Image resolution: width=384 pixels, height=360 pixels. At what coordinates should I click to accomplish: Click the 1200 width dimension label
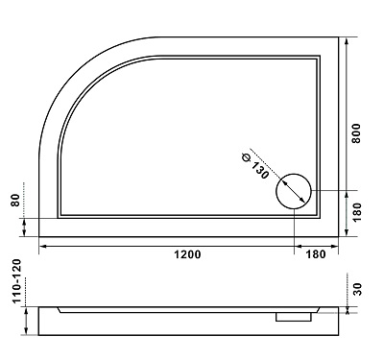coord(187,254)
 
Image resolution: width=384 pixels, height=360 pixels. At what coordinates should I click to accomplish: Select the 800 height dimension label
coord(356,133)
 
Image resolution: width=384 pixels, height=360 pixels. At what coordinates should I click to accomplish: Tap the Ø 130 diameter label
coord(255,166)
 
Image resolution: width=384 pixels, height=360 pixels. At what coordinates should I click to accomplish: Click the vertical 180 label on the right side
coord(356,212)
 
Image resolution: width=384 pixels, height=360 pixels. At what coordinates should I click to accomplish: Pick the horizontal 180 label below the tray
coord(316,254)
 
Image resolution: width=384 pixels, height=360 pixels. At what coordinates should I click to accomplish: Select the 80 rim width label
coord(16,201)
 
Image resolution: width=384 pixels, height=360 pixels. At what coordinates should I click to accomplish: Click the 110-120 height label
coord(16,281)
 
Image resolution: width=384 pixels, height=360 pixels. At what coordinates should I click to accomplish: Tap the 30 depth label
coord(357,289)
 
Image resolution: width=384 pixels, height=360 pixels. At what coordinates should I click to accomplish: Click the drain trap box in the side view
coord(294,317)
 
